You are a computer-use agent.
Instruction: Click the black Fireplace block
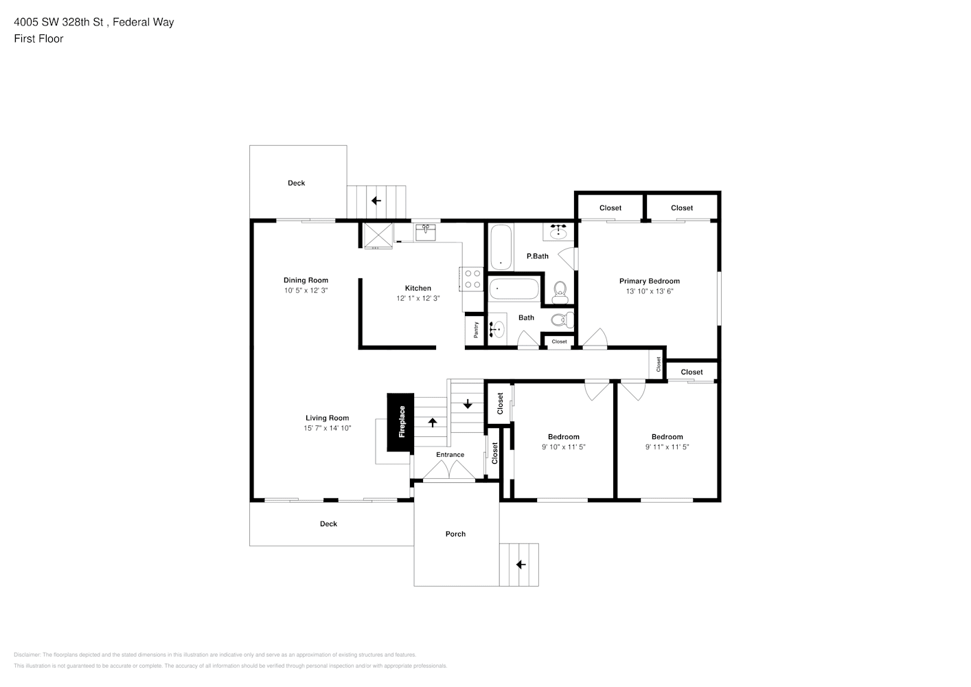[x=400, y=422]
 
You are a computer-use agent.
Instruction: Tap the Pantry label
[x=476, y=330]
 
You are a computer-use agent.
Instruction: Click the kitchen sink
[x=426, y=232]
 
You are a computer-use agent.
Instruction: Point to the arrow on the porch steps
[x=521, y=564]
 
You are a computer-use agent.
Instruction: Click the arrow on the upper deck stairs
[x=376, y=201]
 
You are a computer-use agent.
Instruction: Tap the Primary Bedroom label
[x=650, y=281]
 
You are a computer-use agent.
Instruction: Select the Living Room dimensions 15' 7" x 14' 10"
[x=328, y=428]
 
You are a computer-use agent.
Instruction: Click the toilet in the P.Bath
[x=560, y=293]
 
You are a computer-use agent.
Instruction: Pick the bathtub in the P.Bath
[x=501, y=247]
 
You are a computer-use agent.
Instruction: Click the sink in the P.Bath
[x=558, y=232]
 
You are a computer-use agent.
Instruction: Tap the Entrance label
[x=450, y=455]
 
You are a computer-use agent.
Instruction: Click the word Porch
[x=455, y=534]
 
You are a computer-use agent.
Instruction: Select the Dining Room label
[x=306, y=280]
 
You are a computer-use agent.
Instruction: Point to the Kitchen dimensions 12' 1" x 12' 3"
[x=418, y=298]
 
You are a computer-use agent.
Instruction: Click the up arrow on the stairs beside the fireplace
[x=433, y=422]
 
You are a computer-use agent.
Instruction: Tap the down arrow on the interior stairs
[x=468, y=404]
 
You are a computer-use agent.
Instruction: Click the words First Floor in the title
[x=38, y=38]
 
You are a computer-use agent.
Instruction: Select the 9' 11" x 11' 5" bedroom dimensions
[x=667, y=447]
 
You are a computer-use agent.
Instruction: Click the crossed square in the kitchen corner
[x=378, y=235]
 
